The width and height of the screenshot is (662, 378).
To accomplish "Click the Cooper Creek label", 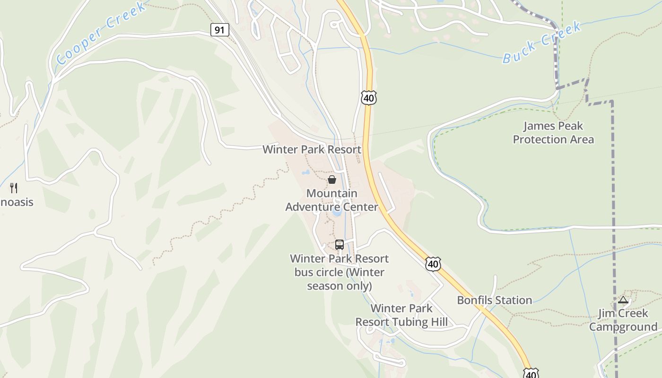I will click(101, 33).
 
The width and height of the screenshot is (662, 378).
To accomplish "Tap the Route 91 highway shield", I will click(219, 30).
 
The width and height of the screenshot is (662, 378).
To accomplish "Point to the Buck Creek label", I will click(542, 43).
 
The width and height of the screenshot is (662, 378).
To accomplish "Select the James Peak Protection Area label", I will click(553, 133).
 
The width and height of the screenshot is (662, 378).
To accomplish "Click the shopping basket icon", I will click(332, 180).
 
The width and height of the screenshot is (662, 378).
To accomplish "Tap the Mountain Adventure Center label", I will click(332, 200).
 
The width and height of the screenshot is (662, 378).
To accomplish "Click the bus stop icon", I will click(339, 245).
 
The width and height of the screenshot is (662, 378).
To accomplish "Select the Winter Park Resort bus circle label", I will click(339, 272).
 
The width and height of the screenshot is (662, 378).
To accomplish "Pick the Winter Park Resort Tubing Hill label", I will click(401, 315).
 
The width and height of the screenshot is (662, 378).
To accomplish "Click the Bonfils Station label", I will click(494, 300).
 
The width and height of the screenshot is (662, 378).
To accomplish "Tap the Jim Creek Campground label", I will click(623, 320).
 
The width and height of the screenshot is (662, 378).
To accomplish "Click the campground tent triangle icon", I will click(623, 300).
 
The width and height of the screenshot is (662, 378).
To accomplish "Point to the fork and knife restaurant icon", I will click(14, 188).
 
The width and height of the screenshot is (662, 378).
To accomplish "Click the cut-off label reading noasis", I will click(17, 202).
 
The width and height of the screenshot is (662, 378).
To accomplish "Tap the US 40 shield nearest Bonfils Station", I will click(433, 264).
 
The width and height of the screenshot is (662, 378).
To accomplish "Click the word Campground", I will click(623, 327).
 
